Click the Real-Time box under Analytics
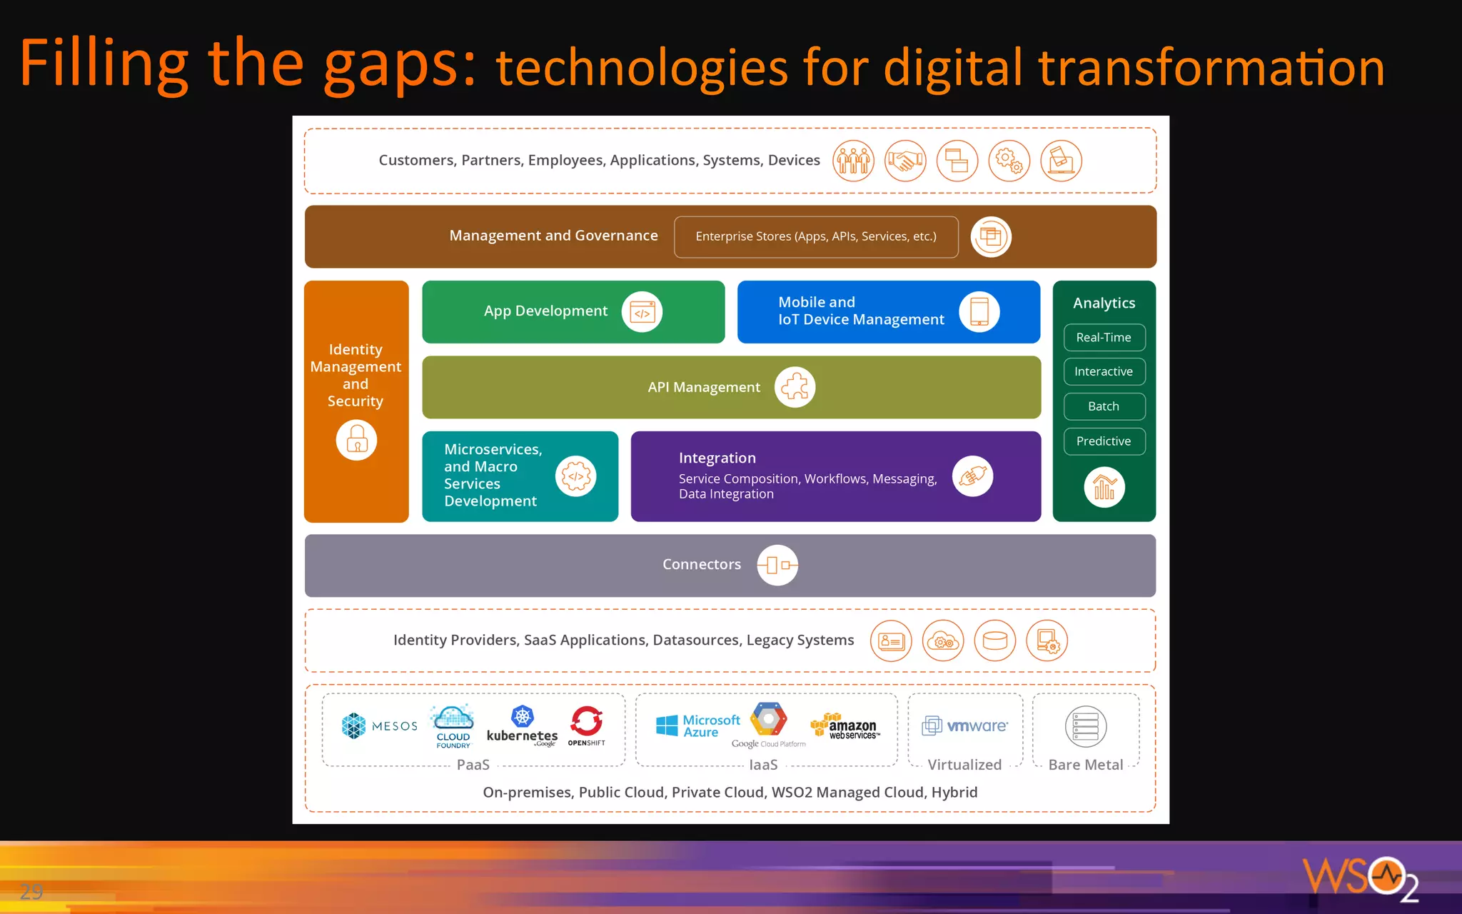[x=1104, y=337]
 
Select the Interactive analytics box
[x=1104, y=371]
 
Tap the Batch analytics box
[x=1104, y=406]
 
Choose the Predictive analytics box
[x=1104, y=441]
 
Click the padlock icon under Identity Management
[x=356, y=440]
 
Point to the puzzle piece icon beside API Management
[x=795, y=387]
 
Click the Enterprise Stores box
[x=816, y=236]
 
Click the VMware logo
[x=965, y=726]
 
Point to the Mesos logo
[x=379, y=726]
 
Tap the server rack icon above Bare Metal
[x=1086, y=727]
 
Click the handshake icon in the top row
[x=905, y=161]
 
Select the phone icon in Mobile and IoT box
[x=979, y=312]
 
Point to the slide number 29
[x=31, y=891]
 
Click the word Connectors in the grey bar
[x=702, y=564]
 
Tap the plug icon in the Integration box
[x=972, y=476]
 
